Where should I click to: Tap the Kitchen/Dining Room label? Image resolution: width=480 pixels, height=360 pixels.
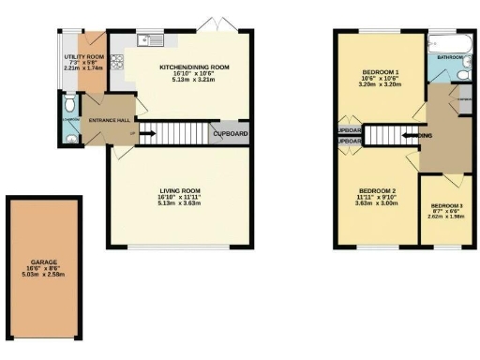point(194,67)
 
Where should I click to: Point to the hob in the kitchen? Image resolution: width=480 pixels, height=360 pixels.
point(118,62)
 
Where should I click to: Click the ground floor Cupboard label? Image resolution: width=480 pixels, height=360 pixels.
point(231,134)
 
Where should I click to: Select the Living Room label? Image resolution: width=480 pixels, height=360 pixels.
point(180,189)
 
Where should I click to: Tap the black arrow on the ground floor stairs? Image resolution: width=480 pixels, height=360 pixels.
point(146,134)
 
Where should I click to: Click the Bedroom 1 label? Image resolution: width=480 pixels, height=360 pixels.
point(382,72)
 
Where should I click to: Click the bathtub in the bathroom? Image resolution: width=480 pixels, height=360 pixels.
point(441,42)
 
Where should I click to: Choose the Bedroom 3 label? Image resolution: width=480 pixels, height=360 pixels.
point(445,206)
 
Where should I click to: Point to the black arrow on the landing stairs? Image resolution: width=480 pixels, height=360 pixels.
point(409,136)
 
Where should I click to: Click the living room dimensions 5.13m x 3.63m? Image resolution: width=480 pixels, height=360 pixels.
point(180,203)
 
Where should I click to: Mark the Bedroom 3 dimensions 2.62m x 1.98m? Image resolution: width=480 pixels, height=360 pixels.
point(445,218)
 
